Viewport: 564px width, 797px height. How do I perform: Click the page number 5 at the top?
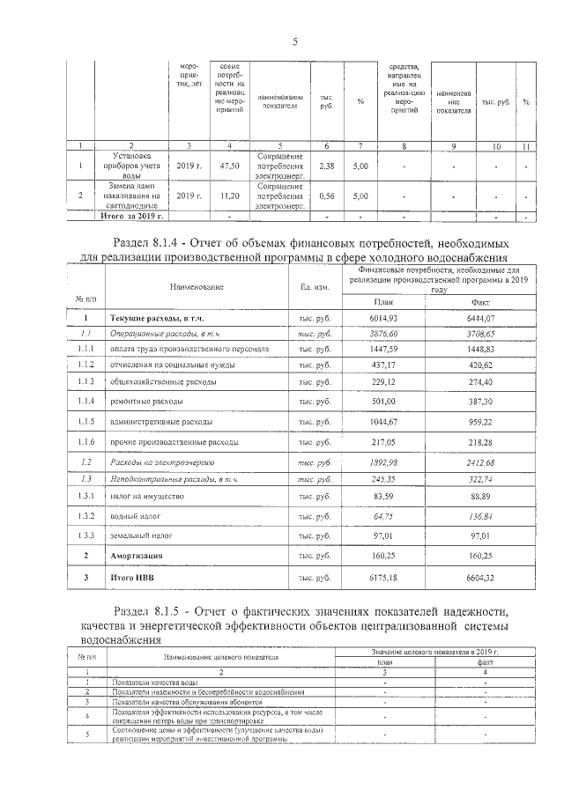click(295, 41)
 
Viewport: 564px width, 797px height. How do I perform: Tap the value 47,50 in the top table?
click(230, 166)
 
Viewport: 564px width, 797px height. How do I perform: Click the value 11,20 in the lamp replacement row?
click(230, 196)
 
